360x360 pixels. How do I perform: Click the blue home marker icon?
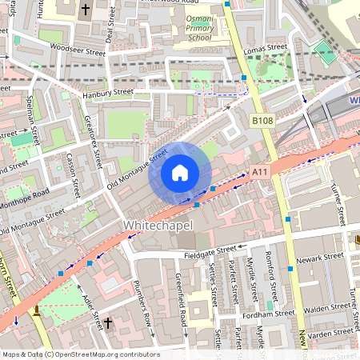180,172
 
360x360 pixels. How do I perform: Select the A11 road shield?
260,171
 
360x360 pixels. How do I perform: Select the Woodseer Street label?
78,50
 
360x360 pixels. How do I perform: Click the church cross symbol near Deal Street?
86,10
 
